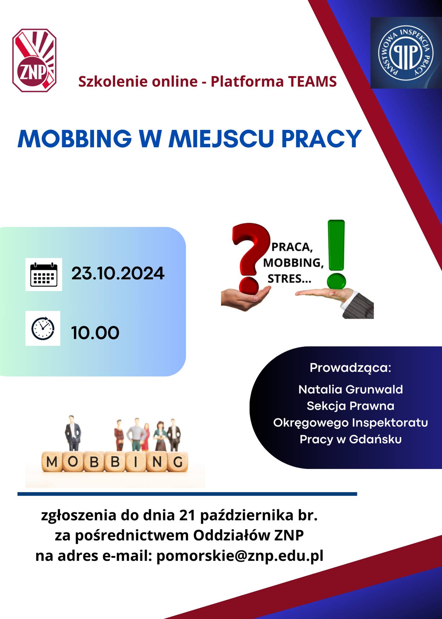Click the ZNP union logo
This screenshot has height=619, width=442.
point(34,60)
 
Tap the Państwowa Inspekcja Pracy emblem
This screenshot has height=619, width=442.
point(406,53)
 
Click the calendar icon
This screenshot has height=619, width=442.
point(44,275)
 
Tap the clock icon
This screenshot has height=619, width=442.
point(43,328)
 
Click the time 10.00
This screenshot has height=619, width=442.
point(95,333)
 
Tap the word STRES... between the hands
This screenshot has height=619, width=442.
point(289,279)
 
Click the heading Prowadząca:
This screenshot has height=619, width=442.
point(350,368)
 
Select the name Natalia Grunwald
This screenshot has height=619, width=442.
point(351,389)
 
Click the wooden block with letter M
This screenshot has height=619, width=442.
point(52,462)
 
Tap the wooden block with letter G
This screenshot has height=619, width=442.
point(178,462)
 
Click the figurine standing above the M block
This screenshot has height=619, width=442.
point(73,433)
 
